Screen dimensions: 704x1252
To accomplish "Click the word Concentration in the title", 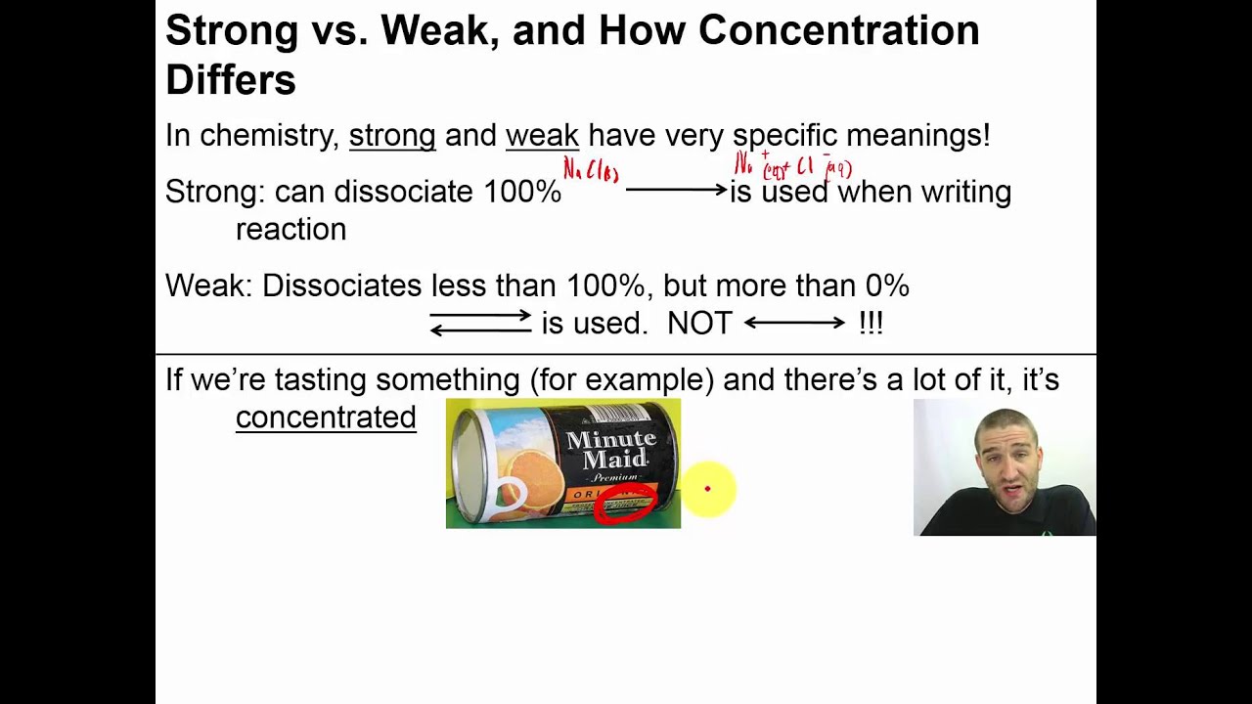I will coord(838,31).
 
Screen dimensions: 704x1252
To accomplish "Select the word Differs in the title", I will coord(230,79).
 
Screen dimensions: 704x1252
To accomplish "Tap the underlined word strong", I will coord(391,136).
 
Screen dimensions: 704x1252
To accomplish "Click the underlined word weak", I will coord(542,136).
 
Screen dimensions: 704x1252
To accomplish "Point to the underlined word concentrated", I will coord(326,418).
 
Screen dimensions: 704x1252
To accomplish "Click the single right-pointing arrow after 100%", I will coord(676,190).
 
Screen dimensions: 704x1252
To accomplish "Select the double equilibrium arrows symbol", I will coord(480,324).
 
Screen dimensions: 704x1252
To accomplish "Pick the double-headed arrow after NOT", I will coord(794,323).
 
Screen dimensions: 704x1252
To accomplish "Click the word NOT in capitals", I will coord(698,324).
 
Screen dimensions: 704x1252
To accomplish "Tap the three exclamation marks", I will coord(871,324).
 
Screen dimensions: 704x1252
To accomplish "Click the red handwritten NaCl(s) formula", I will coord(591,172).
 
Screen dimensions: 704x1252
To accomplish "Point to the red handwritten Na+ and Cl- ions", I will coord(792,166).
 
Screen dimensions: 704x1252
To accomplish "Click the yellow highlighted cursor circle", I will coord(707,489).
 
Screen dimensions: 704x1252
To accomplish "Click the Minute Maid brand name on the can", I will coord(611,450).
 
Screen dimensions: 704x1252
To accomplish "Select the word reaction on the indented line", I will coord(291,230).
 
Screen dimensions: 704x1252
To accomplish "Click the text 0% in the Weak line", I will coord(886,286).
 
